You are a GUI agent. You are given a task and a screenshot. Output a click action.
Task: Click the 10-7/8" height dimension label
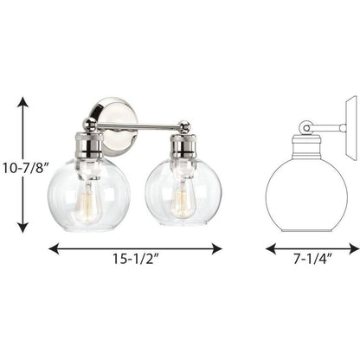click(26, 168)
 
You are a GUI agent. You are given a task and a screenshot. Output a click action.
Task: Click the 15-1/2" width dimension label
click(136, 259)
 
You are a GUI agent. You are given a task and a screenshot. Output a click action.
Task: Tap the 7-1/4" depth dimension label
click(312, 259)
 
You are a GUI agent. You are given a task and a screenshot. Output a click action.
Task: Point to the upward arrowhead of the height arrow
click(22, 102)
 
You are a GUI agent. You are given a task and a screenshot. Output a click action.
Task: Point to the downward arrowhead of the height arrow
click(22, 228)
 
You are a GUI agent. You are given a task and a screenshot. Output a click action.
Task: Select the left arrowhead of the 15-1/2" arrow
click(54, 248)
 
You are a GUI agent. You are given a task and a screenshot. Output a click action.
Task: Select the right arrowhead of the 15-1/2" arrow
click(216, 248)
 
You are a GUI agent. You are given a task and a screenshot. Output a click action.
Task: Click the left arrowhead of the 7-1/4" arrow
click(271, 248)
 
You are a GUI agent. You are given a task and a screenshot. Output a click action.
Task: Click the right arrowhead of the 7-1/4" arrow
click(354, 248)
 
